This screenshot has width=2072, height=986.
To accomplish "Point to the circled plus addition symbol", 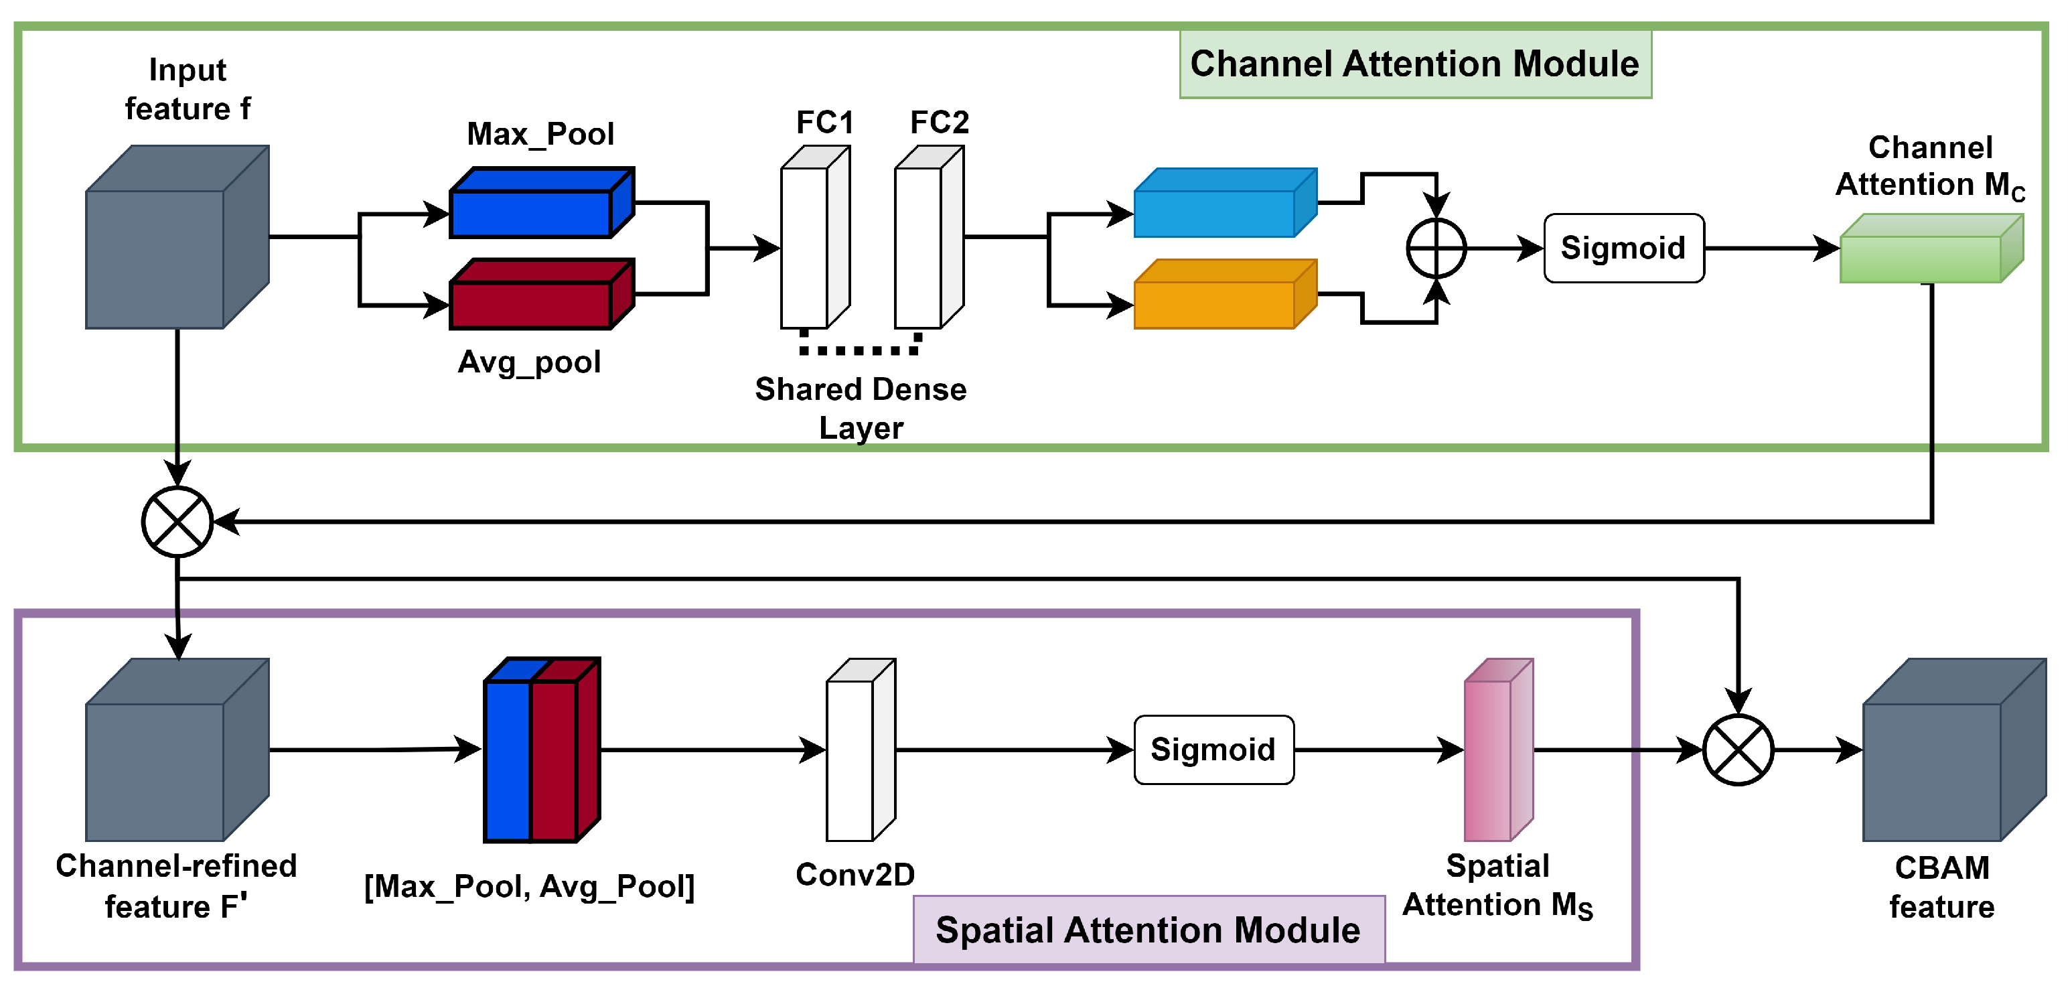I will click(1436, 249).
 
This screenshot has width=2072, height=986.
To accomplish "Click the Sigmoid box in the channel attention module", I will click(1623, 249).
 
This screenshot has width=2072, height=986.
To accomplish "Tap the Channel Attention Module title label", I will click(1415, 64).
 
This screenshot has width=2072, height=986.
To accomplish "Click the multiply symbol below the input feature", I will click(177, 522).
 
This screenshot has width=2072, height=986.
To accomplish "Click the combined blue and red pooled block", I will click(541, 750).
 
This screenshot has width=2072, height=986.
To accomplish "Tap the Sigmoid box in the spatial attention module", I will click(1213, 750).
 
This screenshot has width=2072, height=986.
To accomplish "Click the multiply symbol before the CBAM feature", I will click(1738, 750).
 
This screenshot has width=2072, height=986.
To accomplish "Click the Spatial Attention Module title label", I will click(1149, 930).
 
